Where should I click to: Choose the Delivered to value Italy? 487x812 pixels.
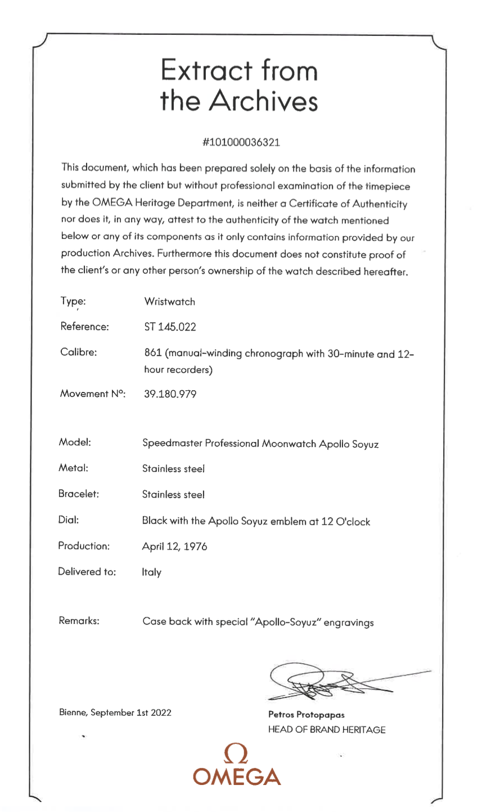151,572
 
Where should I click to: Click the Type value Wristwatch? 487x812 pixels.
169,302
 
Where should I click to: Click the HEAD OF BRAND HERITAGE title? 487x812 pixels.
327,729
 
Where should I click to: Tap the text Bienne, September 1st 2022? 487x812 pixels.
115,713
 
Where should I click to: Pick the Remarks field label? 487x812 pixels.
79,621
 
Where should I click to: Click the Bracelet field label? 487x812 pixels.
79,494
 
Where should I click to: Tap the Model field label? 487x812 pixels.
71,442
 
